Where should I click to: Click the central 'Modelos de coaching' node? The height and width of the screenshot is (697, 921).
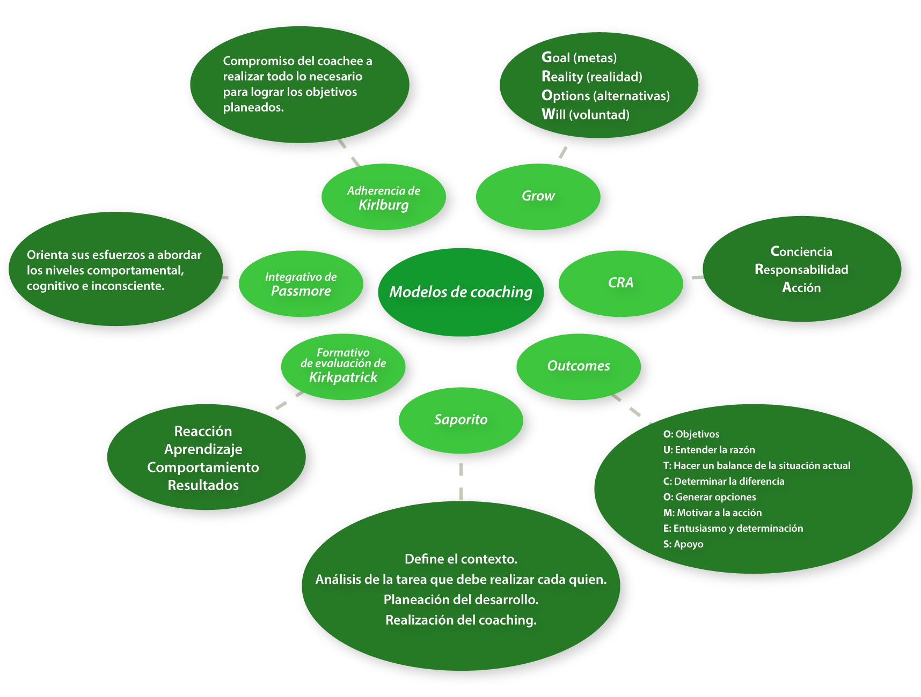[x=460, y=292]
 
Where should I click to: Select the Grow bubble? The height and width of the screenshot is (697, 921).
[x=538, y=196]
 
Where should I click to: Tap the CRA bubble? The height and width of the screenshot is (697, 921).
[x=620, y=283]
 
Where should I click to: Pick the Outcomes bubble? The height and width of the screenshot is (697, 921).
[x=578, y=366]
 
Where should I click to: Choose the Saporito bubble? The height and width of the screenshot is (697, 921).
[x=460, y=420]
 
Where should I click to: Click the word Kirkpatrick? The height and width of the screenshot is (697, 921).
[x=343, y=377]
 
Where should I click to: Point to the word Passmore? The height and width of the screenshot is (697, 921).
[x=301, y=291]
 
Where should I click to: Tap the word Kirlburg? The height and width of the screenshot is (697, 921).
[x=383, y=205]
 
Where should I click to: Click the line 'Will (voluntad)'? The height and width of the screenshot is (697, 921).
[x=585, y=115]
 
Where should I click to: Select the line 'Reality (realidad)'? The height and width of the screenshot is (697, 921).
[x=591, y=77]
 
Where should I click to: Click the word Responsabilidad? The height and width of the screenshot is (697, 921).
[x=801, y=270]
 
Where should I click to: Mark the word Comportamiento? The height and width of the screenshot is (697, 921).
[x=203, y=468]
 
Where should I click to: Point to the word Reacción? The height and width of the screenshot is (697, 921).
[x=203, y=432]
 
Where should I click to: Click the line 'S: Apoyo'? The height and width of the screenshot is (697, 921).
[x=683, y=544]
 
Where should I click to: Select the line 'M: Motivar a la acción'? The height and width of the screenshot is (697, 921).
[x=712, y=513]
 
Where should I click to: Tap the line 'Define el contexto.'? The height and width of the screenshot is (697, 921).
[x=460, y=559]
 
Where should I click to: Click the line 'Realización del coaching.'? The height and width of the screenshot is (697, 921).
[x=460, y=620]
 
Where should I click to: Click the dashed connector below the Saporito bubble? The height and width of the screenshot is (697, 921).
[x=461, y=481]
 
